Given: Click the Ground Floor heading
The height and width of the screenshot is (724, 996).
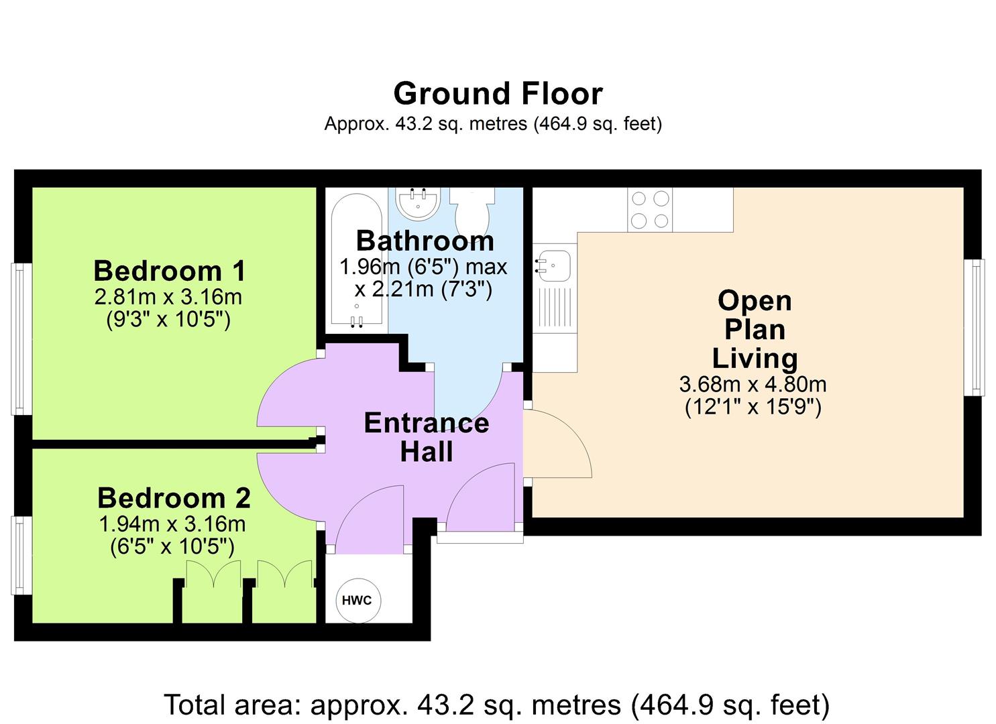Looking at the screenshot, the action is (498, 94).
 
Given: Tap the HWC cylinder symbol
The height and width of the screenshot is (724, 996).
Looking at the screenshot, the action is (357, 601).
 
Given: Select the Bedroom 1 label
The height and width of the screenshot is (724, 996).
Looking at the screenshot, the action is (169, 271).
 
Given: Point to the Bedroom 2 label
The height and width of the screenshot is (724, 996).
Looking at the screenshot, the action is (174, 498).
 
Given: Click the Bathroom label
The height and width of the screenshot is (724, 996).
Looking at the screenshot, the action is (425, 241).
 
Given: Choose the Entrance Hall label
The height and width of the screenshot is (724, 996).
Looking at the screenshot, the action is (427, 437).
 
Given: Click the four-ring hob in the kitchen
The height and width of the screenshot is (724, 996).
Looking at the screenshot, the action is (650, 209).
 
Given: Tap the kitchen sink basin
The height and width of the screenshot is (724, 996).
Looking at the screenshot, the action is (553, 265).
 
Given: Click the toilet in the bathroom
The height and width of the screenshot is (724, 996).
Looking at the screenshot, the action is (472, 210).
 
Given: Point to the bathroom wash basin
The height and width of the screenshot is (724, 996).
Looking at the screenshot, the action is (418, 204).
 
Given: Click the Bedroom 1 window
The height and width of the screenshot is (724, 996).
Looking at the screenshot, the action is (21, 339).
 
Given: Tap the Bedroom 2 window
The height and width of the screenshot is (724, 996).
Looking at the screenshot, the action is (21, 555).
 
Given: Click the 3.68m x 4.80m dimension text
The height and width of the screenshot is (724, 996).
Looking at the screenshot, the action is (753, 384).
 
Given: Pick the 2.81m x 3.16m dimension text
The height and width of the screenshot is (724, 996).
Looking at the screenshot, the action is (168, 298).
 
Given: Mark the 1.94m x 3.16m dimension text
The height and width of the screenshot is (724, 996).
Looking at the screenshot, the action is (172, 524).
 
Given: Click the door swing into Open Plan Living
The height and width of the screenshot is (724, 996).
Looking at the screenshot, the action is (557, 444).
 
